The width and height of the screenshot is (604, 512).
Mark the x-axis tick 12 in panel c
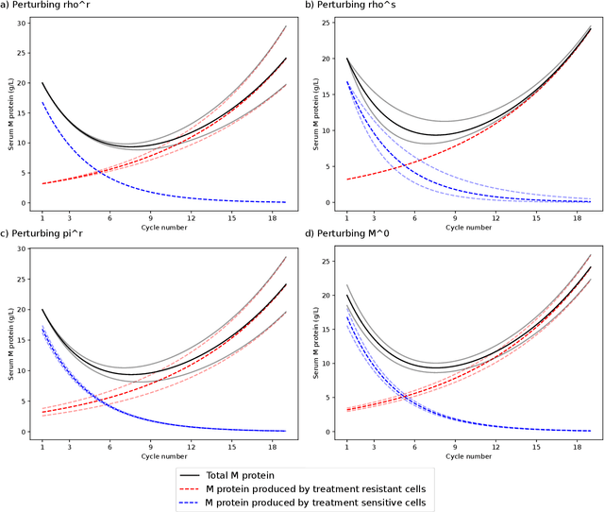point(191,445)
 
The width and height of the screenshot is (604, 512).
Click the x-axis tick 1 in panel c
point(42,445)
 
